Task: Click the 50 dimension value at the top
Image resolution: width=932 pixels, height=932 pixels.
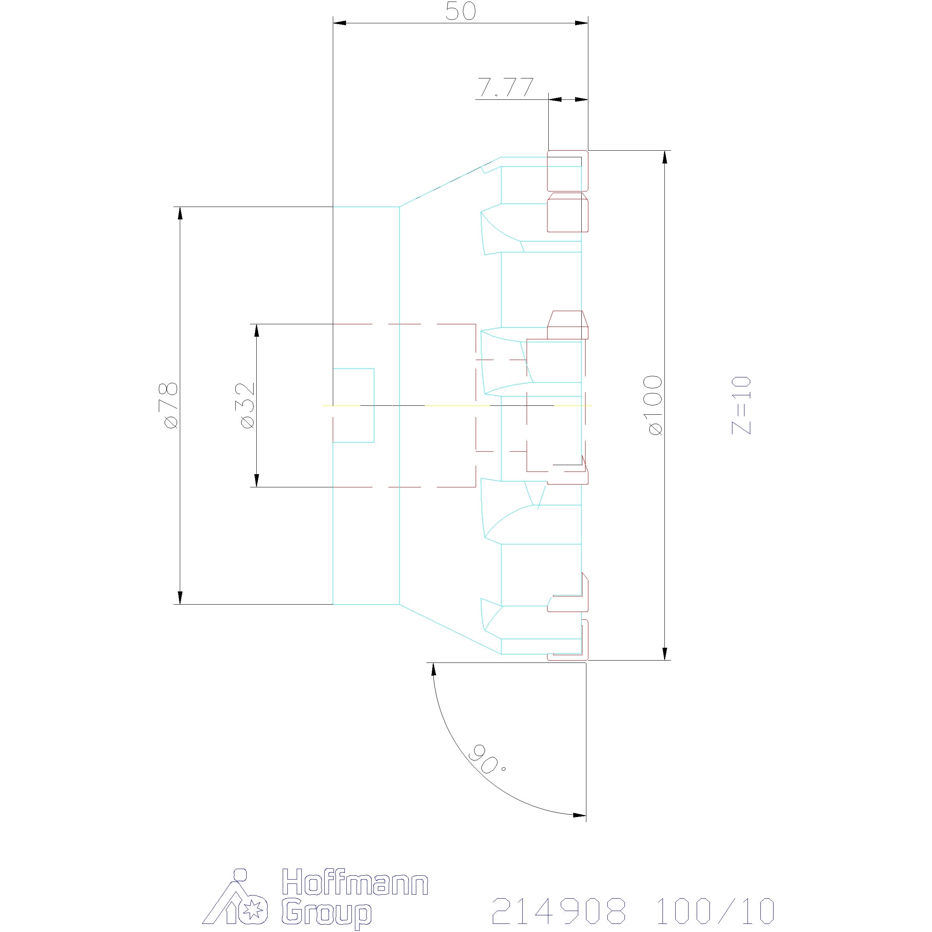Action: click(460, 11)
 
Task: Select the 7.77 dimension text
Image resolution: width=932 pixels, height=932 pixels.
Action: click(506, 87)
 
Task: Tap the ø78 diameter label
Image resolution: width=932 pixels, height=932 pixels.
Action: click(171, 405)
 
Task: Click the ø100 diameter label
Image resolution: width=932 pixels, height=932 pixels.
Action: click(656, 405)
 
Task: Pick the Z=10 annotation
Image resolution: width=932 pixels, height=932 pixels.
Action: click(741, 405)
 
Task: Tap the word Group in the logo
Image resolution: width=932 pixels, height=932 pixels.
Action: click(327, 913)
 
